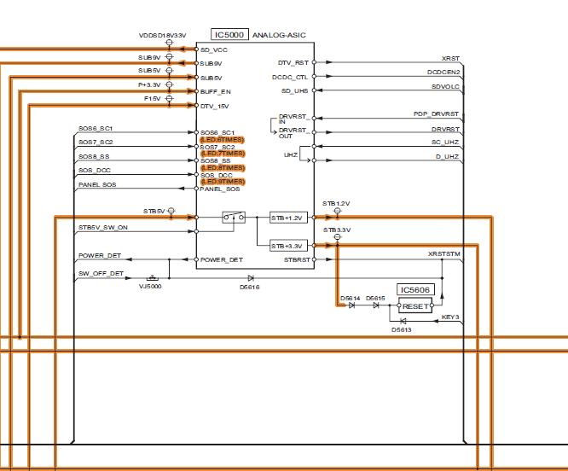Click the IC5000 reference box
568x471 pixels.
coord(229,35)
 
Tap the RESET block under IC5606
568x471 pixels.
coord(417,305)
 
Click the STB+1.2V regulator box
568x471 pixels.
coord(287,218)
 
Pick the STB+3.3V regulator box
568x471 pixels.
coord(287,246)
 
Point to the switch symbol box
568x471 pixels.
coord(233,217)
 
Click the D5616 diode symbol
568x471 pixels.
coord(251,278)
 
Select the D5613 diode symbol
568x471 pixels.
coord(403,321)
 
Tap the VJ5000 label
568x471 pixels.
coord(150,288)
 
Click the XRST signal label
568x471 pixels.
coord(450,58)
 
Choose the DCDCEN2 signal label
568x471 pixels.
coord(443,73)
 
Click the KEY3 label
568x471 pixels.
coord(450,317)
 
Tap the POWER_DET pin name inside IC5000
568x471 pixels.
coord(222,259)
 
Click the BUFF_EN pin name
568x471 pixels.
coord(215,90)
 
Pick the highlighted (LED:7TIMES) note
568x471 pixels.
coord(223,153)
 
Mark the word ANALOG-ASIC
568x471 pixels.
coord(279,35)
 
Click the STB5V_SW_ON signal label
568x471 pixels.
coord(103,228)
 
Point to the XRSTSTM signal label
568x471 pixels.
coord(443,254)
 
